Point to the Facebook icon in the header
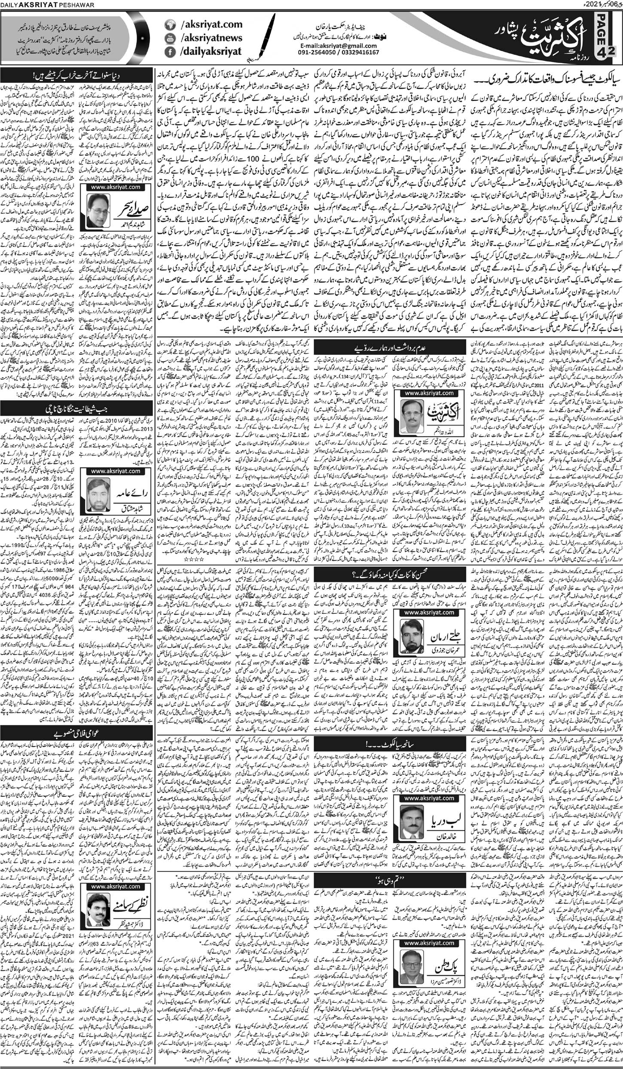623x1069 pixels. click(x=171, y=52)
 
